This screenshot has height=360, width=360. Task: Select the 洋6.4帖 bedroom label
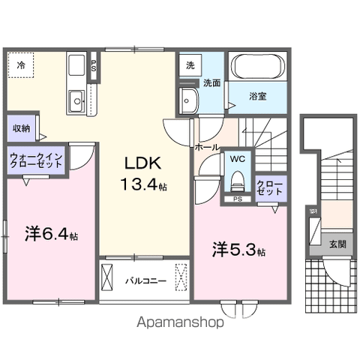[x=51, y=234]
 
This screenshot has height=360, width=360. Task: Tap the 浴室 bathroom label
[x=258, y=97]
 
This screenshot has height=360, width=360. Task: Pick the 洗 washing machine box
[x=190, y=65]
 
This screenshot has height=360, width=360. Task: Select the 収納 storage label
[x=21, y=128]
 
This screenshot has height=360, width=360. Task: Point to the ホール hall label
[x=206, y=147]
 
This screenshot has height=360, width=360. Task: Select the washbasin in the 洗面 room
[x=188, y=96]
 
